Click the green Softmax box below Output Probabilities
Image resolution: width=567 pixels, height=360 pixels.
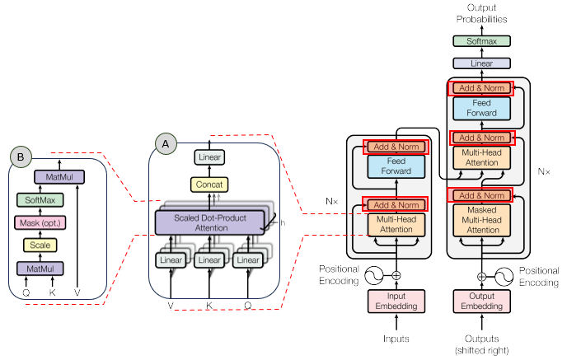click(x=482, y=40)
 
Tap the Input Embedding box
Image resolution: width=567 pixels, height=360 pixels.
click(x=396, y=302)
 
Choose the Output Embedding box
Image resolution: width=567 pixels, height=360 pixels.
click(x=482, y=302)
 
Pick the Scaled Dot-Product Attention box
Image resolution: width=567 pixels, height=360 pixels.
click(x=209, y=221)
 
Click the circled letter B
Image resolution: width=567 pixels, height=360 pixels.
click(x=20, y=156)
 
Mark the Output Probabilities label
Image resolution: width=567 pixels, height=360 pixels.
click(x=481, y=13)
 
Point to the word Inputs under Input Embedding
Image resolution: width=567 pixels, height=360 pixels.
click(x=396, y=338)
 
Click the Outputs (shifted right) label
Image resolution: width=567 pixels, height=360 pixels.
click(x=481, y=344)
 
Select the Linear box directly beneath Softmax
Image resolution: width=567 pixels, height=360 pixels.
click(x=482, y=63)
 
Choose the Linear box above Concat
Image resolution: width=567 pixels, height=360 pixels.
click(x=209, y=157)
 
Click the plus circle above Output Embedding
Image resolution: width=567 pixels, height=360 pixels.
click(x=482, y=276)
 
